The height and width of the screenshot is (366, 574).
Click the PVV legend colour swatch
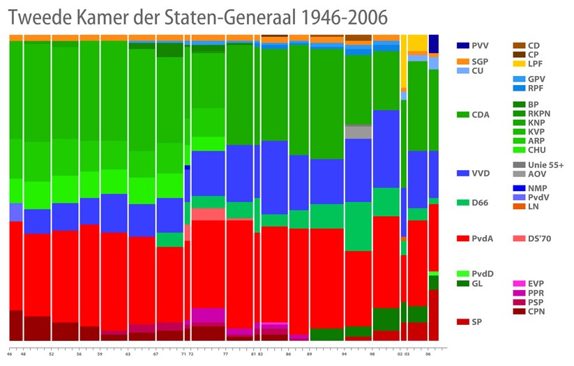pyautogui.click(x=462, y=45)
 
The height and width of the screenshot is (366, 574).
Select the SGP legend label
pyautogui.click(x=481, y=61)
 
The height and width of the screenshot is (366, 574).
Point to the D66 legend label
pyautogui.click(x=481, y=203)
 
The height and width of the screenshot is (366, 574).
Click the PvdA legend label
pyautogui.click(x=483, y=238)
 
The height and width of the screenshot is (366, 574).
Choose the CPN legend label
pyautogui.click(x=536, y=311)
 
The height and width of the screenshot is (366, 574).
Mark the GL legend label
pyautogui.click(x=478, y=283)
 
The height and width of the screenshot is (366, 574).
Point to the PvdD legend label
pyautogui.click(x=483, y=273)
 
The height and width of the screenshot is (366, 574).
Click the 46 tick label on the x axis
pyautogui.click(x=10, y=354)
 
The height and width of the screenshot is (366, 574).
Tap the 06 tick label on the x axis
pyautogui.click(x=429, y=354)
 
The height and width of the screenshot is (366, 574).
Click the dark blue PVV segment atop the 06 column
pyautogui.click(x=434, y=43)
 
